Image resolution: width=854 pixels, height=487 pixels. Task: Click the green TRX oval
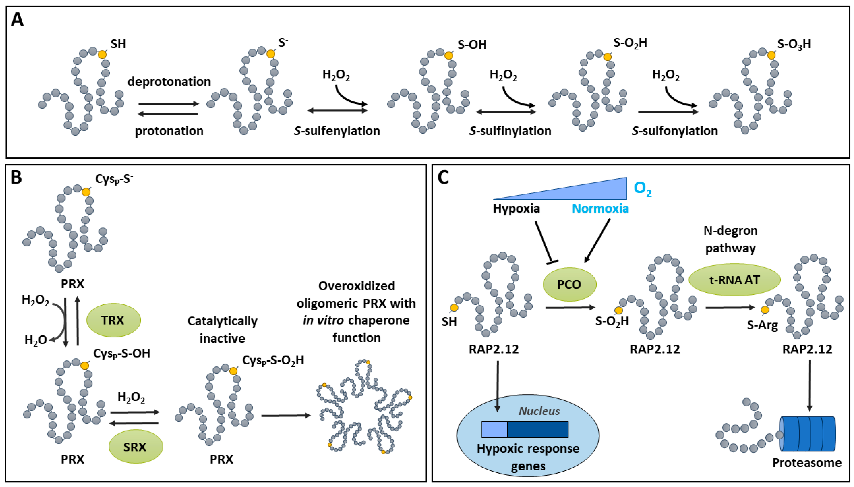coord(113,320)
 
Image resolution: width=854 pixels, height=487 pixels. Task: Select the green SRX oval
coord(136,446)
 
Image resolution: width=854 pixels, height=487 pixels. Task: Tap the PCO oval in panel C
coord(569,284)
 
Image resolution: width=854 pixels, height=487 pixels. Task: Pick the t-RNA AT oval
coord(734,280)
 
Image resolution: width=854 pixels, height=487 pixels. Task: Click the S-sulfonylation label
coord(674,131)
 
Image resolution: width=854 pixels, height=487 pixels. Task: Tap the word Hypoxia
coord(516,208)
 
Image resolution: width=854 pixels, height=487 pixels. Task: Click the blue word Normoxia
coord(600,208)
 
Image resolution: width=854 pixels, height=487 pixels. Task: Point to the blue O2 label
coord(643,189)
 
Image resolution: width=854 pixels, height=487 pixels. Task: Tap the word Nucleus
coord(539,411)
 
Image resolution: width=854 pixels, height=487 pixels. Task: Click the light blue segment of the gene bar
coord(494,429)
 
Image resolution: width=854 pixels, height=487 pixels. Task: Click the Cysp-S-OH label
coord(121,353)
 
